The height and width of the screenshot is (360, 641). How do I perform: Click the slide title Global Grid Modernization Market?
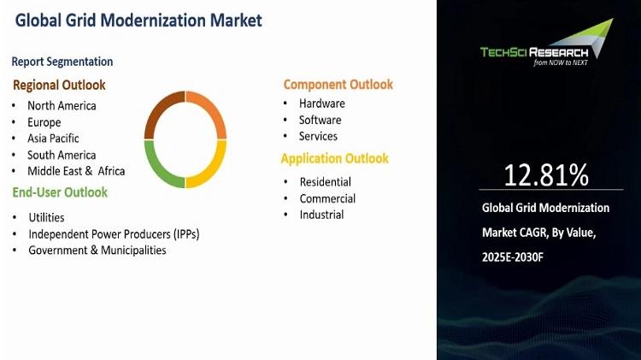coord(138,21)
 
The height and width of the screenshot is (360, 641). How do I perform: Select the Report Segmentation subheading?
coord(62,62)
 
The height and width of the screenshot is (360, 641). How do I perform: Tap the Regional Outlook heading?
coord(59,86)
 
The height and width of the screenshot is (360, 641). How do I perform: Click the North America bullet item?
coord(62,105)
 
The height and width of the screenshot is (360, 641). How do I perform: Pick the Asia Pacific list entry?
coord(53,139)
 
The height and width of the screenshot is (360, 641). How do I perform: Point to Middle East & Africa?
coord(76,171)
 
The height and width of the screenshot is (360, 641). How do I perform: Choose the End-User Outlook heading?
coord(60,192)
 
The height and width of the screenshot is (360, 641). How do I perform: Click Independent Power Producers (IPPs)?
coord(114,234)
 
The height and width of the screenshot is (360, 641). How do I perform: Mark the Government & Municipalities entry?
coord(97,250)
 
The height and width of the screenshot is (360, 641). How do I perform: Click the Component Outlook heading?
coord(338,85)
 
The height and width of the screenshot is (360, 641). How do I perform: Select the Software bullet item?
coord(320,120)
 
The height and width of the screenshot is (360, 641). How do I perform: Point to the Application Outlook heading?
coord(335,158)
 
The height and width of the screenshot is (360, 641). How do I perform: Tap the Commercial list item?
coord(327,198)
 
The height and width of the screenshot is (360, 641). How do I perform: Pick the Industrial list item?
coord(321,215)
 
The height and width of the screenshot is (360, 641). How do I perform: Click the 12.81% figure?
coord(546,175)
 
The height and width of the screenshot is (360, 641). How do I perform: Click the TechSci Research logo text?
coord(534,52)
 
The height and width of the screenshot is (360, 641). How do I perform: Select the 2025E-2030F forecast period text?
coord(513,257)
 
